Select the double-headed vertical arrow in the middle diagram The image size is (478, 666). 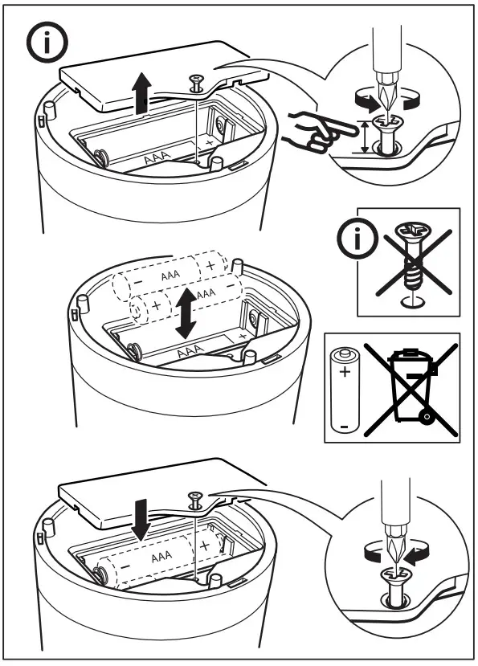pyautogui.click(x=186, y=314)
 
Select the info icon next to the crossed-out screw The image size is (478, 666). pyautogui.click(x=351, y=238)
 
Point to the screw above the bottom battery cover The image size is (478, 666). pyautogui.click(x=194, y=498)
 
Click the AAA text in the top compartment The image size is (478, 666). pyautogui.click(x=157, y=158)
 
